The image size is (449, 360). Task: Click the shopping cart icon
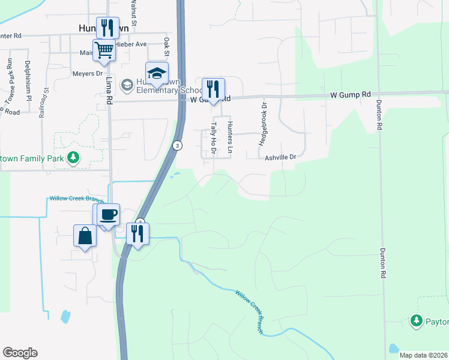tap(104, 50)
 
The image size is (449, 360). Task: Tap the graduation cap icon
tap(157, 73)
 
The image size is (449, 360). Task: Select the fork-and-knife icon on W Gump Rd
tap(213, 89)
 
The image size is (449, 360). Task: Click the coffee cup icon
tap(108, 215)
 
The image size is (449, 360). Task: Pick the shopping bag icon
tap(85, 235)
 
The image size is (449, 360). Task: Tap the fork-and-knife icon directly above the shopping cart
tap(107, 28)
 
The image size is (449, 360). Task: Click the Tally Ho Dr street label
tap(214, 138)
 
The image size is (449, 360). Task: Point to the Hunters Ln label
tap(229, 136)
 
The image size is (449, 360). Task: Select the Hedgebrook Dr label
tap(262, 124)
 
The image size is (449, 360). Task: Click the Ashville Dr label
tap(281, 157)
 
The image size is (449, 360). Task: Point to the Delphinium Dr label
tap(28, 79)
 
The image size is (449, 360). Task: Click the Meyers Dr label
tap(88, 73)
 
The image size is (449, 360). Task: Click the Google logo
tap(20, 353)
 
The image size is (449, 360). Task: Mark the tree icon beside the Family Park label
tap(73, 158)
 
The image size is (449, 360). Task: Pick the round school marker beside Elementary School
tap(127, 85)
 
